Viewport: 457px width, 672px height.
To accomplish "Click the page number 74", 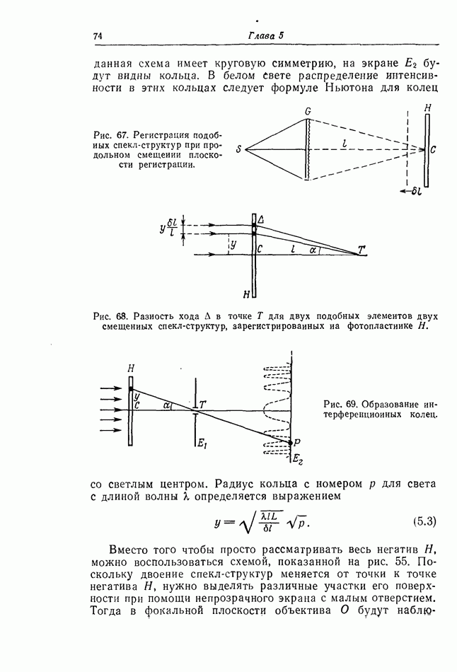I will coord(98,36).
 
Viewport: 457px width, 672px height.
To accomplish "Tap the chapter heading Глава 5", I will coord(266,36).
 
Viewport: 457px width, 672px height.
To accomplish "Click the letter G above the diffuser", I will coord(308,111).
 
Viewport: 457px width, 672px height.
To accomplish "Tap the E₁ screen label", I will coord(202,444).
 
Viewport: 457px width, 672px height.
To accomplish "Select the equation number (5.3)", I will coord(423,522).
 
